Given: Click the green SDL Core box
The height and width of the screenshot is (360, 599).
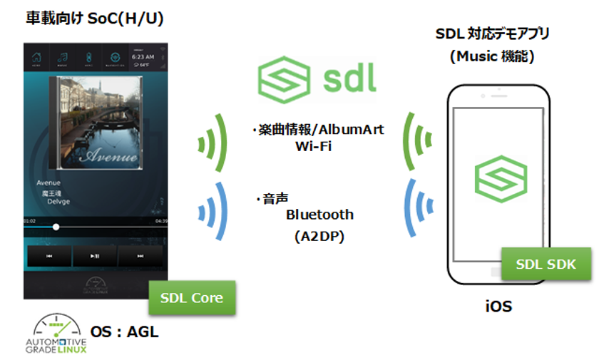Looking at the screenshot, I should pos(192,298).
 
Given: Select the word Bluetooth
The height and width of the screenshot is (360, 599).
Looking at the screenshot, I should pos(319,214).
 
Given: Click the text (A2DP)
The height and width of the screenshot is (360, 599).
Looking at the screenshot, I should pos(319,237).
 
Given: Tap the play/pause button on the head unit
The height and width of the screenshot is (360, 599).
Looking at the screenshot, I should pos(95,255).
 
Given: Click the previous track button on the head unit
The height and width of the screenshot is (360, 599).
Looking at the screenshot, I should pos(49,255).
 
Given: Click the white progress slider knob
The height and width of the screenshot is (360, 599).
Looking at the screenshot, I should pos(56,227).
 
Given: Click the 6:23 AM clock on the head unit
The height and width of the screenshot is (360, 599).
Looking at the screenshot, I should pos(142,56).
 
